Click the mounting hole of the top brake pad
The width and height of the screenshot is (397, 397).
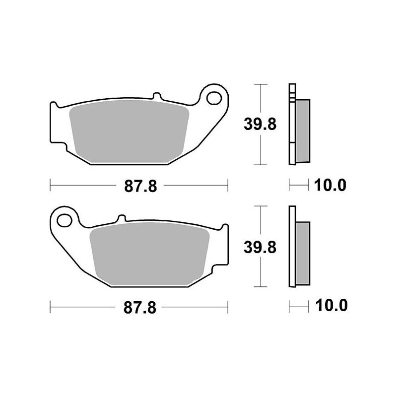click(214, 98)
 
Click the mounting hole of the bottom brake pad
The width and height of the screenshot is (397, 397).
click(65, 220)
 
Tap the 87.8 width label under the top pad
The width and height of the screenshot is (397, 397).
click(140, 187)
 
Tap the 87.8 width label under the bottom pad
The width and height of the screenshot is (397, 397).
click(140, 308)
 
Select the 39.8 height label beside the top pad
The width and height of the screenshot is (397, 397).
click(260, 124)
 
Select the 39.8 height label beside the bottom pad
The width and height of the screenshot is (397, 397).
click(260, 247)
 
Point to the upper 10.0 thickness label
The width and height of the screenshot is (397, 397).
click(330, 185)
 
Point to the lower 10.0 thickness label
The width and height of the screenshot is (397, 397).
click(331, 305)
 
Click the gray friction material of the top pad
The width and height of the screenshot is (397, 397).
click(129, 131)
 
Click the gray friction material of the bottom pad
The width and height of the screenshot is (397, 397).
click(150, 254)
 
